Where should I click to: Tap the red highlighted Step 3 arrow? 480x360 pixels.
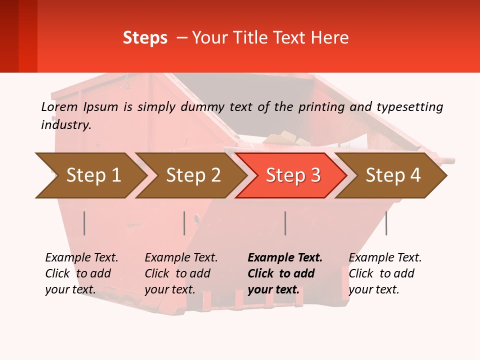pyautogui.click(x=293, y=175)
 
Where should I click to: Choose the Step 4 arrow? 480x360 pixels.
pyautogui.click(x=393, y=175)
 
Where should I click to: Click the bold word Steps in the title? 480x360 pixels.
pyautogui.click(x=145, y=38)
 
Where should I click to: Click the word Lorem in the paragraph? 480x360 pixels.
pyautogui.click(x=59, y=107)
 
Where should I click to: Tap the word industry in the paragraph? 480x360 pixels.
pyautogui.click(x=66, y=125)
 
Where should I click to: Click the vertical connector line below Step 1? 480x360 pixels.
pyautogui.click(x=84, y=223)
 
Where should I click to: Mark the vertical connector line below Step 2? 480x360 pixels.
pyautogui.click(x=184, y=223)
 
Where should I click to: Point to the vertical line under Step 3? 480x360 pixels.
pyautogui.click(x=285, y=223)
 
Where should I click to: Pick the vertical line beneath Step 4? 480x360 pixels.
pyautogui.click(x=386, y=223)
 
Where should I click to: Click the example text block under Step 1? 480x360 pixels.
pyautogui.click(x=81, y=273)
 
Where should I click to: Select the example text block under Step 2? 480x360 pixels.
pyautogui.click(x=181, y=273)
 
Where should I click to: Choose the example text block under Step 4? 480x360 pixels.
pyautogui.click(x=385, y=273)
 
